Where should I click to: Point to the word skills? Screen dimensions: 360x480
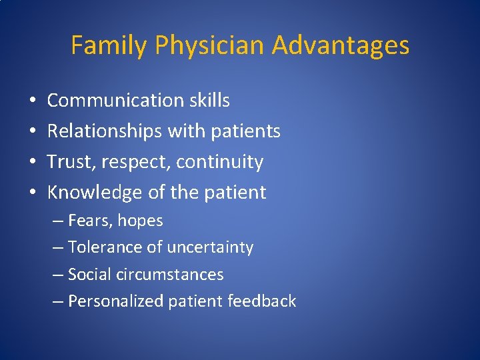[x=208, y=101]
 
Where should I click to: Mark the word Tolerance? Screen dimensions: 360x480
[x=105, y=247]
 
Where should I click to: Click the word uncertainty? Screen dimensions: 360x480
[x=210, y=247]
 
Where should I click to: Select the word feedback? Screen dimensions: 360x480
[x=261, y=301]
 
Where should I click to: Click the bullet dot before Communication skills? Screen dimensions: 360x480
[x=33, y=101]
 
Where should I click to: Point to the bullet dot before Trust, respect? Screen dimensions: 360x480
[x=33, y=163]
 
